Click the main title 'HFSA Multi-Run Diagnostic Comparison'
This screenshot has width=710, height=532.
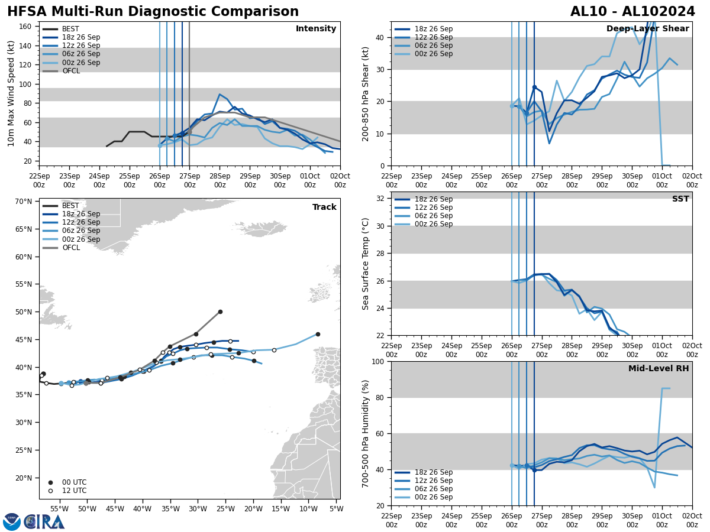[153, 12]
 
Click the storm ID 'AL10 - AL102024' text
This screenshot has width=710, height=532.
[632, 12]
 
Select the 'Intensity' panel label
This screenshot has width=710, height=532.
[316, 29]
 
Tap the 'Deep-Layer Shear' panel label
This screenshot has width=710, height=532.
[647, 29]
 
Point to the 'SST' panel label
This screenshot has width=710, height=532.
[680, 199]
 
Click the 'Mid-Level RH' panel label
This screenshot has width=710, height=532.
[659, 369]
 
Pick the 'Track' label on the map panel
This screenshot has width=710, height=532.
[324, 207]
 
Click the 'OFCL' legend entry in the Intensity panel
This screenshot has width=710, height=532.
[71, 71]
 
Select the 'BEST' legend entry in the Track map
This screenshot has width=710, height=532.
[70, 206]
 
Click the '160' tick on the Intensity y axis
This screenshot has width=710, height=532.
[25, 27]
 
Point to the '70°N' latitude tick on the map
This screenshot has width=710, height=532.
[23, 202]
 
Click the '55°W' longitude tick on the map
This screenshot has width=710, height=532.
[59, 508]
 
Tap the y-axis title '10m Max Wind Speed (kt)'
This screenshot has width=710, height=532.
[11, 93]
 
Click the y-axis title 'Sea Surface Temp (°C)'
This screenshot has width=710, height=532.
[366, 264]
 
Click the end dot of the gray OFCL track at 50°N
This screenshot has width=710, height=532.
[220, 312]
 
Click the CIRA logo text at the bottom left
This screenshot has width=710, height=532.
[44, 522]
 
